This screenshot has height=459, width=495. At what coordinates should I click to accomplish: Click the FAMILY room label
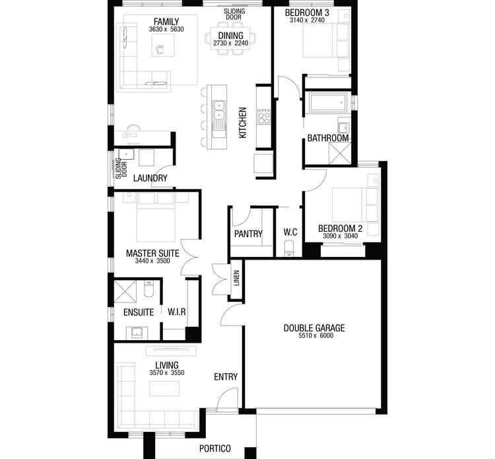tap(166, 21)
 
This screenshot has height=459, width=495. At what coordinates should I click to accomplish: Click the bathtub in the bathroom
tap(328, 103)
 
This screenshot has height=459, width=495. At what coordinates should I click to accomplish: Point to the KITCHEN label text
tap(243, 123)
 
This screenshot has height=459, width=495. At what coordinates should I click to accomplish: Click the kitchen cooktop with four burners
tap(263, 117)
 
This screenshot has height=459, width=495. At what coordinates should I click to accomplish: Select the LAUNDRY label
tap(150, 178)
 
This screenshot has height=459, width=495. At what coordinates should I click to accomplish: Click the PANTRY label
tap(248, 234)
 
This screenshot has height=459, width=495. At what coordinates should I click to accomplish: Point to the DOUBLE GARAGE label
tap(314, 328)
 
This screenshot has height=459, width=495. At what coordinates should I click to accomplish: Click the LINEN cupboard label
tap(236, 278)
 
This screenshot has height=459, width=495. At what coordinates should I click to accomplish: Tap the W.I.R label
tap(176, 312)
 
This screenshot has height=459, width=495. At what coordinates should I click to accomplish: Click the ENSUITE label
tap(139, 312)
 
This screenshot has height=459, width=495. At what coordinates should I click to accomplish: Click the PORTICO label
tap(215, 448)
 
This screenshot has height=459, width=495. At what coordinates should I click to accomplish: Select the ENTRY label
tap(226, 377)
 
